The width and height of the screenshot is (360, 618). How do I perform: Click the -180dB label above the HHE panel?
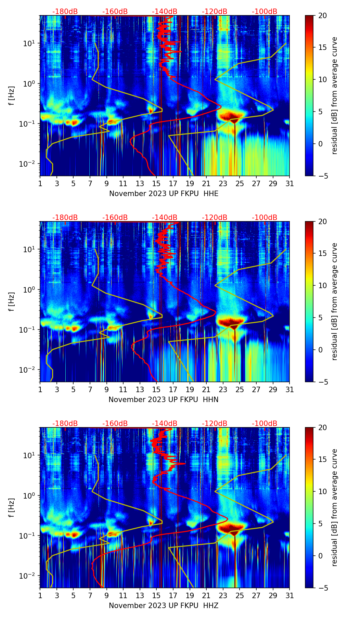pos(65,12)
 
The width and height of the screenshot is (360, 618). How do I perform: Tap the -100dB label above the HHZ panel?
pos(265,424)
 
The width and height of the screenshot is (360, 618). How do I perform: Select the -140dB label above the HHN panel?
pos(165,218)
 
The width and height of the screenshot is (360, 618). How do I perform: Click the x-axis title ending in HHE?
pos(164,194)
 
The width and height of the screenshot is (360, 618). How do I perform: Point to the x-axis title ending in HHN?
pos(164,400)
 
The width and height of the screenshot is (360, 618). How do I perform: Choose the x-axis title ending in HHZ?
pos(164,606)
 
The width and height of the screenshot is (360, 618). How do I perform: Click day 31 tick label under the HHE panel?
pos(290,184)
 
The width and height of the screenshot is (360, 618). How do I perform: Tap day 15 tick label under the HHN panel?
pos(156,390)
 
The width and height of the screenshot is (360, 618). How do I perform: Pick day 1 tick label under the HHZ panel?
pos(40,596)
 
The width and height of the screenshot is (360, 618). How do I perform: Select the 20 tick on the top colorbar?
pos(323,15)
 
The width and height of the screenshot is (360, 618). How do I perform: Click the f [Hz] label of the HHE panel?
pos(12,96)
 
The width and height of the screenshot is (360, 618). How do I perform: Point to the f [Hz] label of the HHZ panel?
pos(12,508)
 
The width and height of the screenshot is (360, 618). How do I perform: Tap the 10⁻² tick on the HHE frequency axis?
pos(30,164)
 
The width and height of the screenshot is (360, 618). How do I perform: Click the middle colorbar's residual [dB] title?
pos(334,301)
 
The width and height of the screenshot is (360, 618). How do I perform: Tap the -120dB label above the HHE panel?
pos(215,12)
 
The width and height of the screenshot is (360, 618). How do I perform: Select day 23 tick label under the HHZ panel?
pos(223,596)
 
